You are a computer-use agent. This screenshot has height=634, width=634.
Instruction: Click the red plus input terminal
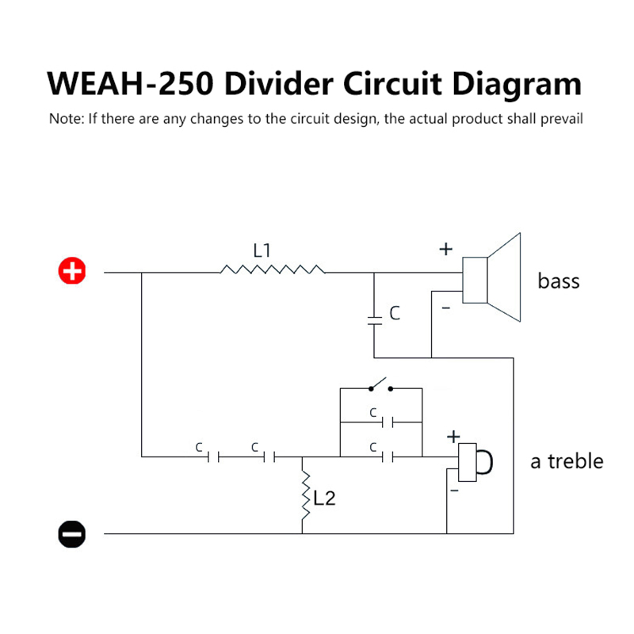(x=71, y=272)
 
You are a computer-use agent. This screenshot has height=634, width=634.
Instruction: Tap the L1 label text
(x=262, y=250)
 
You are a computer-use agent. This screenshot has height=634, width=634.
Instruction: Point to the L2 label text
(x=326, y=498)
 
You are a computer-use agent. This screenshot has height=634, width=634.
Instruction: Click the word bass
(x=559, y=281)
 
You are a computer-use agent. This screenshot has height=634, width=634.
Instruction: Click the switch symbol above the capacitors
(x=381, y=387)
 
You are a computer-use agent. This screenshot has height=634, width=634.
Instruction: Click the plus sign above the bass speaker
(x=445, y=249)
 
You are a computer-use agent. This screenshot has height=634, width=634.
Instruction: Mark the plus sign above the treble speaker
(x=453, y=436)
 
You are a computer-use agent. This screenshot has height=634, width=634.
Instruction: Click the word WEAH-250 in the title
(x=131, y=84)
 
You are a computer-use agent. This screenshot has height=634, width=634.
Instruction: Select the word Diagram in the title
(x=508, y=84)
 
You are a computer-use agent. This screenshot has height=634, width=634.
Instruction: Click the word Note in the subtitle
(x=64, y=120)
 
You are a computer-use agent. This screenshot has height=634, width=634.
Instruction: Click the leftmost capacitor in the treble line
(x=212, y=456)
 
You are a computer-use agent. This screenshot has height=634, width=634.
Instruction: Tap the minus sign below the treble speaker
(x=454, y=491)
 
